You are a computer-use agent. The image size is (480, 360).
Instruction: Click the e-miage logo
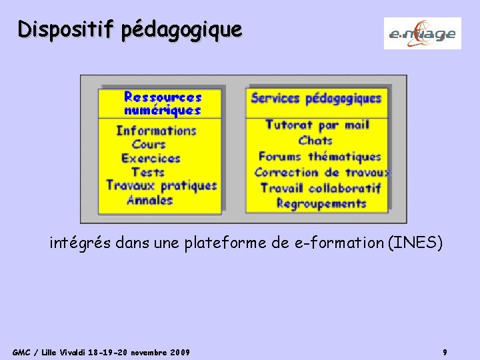click(x=422, y=33)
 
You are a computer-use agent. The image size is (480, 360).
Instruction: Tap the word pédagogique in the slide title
click(x=182, y=30)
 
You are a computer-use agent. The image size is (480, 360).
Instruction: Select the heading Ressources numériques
click(x=162, y=104)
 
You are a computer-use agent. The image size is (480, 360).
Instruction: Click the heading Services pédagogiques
click(x=316, y=98)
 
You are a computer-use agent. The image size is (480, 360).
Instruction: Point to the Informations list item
click(x=156, y=131)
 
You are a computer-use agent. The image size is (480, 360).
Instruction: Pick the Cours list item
click(x=148, y=144)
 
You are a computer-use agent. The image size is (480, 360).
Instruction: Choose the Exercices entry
click(x=151, y=158)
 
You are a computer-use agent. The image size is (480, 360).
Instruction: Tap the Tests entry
click(x=147, y=172)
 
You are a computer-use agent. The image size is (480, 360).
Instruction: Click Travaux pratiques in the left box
click(x=161, y=185)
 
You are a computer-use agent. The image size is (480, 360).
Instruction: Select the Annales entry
click(x=149, y=199)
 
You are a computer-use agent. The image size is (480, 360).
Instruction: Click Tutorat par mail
click(x=317, y=125)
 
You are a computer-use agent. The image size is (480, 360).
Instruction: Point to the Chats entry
click(x=315, y=140)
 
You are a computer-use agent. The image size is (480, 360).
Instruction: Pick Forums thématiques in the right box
click(x=319, y=157)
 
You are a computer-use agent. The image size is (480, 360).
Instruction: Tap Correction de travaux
click(x=322, y=172)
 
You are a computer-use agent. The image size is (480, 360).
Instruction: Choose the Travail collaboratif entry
click(x=320, y=188)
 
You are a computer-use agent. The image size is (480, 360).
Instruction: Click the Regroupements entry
click(x=321, y=203)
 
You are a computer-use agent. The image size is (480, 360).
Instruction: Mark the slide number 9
click(x=445, y=351)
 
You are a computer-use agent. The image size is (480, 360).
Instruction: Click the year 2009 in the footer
click(x=179, y=351)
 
